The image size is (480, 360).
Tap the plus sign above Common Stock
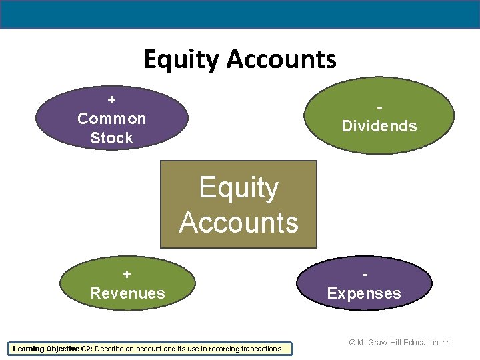(111, 99)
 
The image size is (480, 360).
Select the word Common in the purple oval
(111, 119)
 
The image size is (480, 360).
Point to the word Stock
(111, 138)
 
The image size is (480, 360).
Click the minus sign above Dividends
(379, 107)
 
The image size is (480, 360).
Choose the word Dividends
(379, 126)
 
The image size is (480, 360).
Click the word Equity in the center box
(239, 188)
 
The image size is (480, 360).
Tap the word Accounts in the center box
(239, 222)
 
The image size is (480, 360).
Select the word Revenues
(127, 293)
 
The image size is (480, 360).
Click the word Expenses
(364, 293)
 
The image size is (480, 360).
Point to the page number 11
(447, 343)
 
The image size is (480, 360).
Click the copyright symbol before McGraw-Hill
(353, 343)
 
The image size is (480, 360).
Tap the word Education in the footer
(419, 343)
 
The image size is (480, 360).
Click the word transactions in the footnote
(261, 348)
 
